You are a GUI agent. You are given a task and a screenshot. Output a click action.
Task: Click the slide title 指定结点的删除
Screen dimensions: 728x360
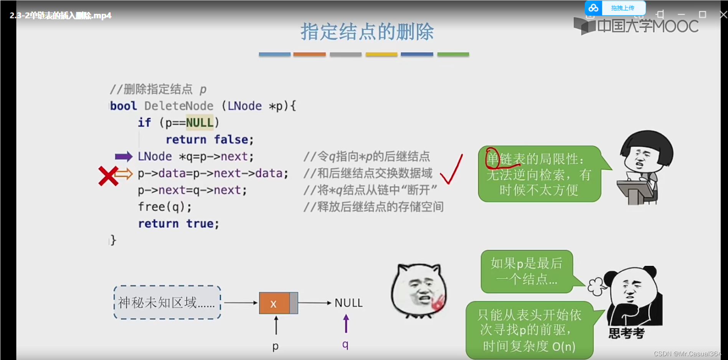click(x=367, y=32)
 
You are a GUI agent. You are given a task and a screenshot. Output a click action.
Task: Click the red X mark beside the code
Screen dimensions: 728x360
click(x=108, y=176)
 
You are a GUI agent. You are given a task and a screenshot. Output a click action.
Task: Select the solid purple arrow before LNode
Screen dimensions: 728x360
click(x=123, y=157)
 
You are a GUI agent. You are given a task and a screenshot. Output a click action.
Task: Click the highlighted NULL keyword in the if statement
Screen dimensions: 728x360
click(x=199, y=123)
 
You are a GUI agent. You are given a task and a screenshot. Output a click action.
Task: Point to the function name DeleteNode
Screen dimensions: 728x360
click(x=178, y=106)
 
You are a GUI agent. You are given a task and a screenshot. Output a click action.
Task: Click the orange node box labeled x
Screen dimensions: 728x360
click(x=274, y=303)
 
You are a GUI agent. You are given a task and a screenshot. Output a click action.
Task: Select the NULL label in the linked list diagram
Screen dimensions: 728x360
click(x=348, y=303)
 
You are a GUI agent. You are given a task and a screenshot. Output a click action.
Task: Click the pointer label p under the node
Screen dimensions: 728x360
click(x=276, y=346)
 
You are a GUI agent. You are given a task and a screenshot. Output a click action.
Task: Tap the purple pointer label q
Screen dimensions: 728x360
click(x=345, y=344)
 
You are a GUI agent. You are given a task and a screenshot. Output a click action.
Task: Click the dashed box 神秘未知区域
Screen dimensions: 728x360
click(x=167, y=302)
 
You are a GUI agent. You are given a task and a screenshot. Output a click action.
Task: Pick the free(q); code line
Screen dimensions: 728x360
click(x=165, y=207)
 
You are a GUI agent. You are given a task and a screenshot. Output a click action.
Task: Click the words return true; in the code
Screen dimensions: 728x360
click(x=178, y=224)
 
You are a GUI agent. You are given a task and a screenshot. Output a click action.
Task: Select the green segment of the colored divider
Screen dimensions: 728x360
click(x=453, y=54)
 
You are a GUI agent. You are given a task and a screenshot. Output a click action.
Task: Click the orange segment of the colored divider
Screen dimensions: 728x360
click(x=309, y=54)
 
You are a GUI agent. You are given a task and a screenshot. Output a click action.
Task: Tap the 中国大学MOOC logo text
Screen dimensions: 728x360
click(x=647, y=26)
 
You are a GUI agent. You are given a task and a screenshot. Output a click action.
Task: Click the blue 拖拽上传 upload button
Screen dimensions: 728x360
click(x=622, y=8)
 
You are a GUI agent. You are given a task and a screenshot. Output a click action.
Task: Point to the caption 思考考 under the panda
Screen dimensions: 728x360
click(x=626, y=333)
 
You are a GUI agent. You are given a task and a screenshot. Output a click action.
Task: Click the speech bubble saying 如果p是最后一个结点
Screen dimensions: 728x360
click(x=527, y=271)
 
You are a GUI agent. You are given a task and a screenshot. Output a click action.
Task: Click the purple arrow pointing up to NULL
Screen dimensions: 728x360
click(x=346, y=323)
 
